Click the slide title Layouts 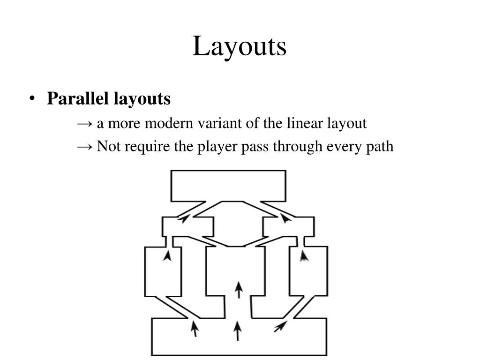[x=240, y=46]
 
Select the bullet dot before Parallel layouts [x=32, y=99]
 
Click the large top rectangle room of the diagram [x=228, y=185]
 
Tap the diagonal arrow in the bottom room [x=280, y=326]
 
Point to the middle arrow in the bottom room [x=238, y=330]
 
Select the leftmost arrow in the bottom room [x=194, y=328]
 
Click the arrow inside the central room [x=239, y=289]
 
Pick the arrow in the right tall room [x=305, y=255]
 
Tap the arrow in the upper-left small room [x=184, y=218]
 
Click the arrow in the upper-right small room [x=285, y=217]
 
